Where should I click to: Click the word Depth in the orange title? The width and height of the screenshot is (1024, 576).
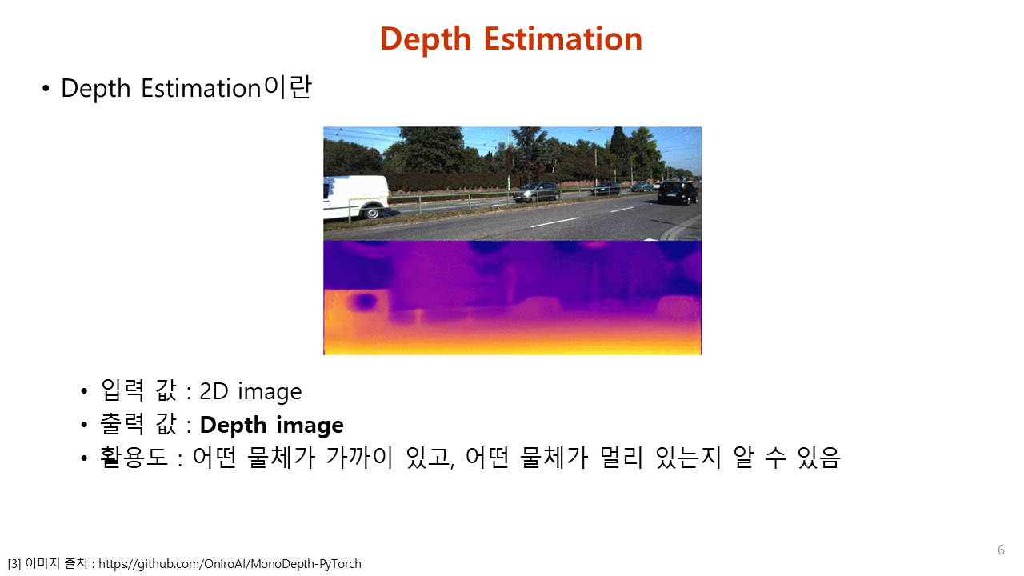pyautogui.click(x=425, y=40)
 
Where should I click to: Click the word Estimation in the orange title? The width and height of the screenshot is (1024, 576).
pyautogui.click(x=563, y=38)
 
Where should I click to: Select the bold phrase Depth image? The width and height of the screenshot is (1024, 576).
pyautogui.click(x=271, y=426)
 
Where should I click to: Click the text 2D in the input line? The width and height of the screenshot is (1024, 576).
pyautogui.click(x=214, y=391)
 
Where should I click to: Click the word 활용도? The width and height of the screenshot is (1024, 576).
pyautogui.click(x=134, y=457)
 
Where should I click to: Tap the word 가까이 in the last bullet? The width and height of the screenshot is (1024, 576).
pyautogui.click(x=359, y=457)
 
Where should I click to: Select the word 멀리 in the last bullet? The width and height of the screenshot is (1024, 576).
pyautogui.click(x=621, y=457)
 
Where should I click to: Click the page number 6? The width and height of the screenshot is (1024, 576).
pyautogui.click(x=1001, y=550)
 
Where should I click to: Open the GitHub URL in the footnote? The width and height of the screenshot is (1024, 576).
pyautogui.click(x=230, y=564)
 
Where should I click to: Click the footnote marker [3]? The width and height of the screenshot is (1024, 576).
pyautogui.click(x=14, y=564)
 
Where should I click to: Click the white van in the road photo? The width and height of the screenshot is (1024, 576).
pyautogui.click(x=356, y=198)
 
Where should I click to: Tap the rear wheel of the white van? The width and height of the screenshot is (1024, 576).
pyautogui.click(x=372, y=212)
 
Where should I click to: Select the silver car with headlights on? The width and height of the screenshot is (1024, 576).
pyautogui.click(x=537, y=191)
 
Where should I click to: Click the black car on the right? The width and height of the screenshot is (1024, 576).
pyautogui.click(x=678, y=193)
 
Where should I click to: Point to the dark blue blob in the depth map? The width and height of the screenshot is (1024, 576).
pyautogui.click(x=365, y=302)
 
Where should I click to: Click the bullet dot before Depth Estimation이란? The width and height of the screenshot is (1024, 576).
pyautogui.click(x=46, y=88)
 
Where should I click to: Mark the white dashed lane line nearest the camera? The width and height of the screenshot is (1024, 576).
pyautogui.click(x=554, y=222)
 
